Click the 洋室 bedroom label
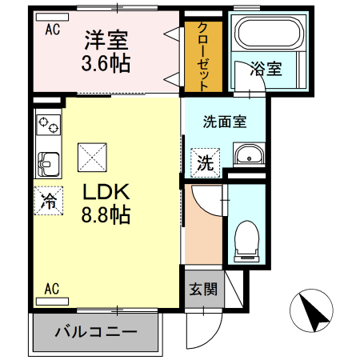tap(107, 38)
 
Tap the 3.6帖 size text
tap(107, 62)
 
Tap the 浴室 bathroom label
tap(265, 68)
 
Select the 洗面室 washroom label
tap(224, 122)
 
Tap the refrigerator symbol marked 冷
tap(49, 201)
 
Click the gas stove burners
tap(48, 125)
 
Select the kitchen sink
tap(48, 163)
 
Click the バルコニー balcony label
tap(96, 332)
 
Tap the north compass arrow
tap(313, 310)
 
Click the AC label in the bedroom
tap(53, 30)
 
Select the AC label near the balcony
tap(53, 289)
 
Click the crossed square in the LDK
tap(91, 156)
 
